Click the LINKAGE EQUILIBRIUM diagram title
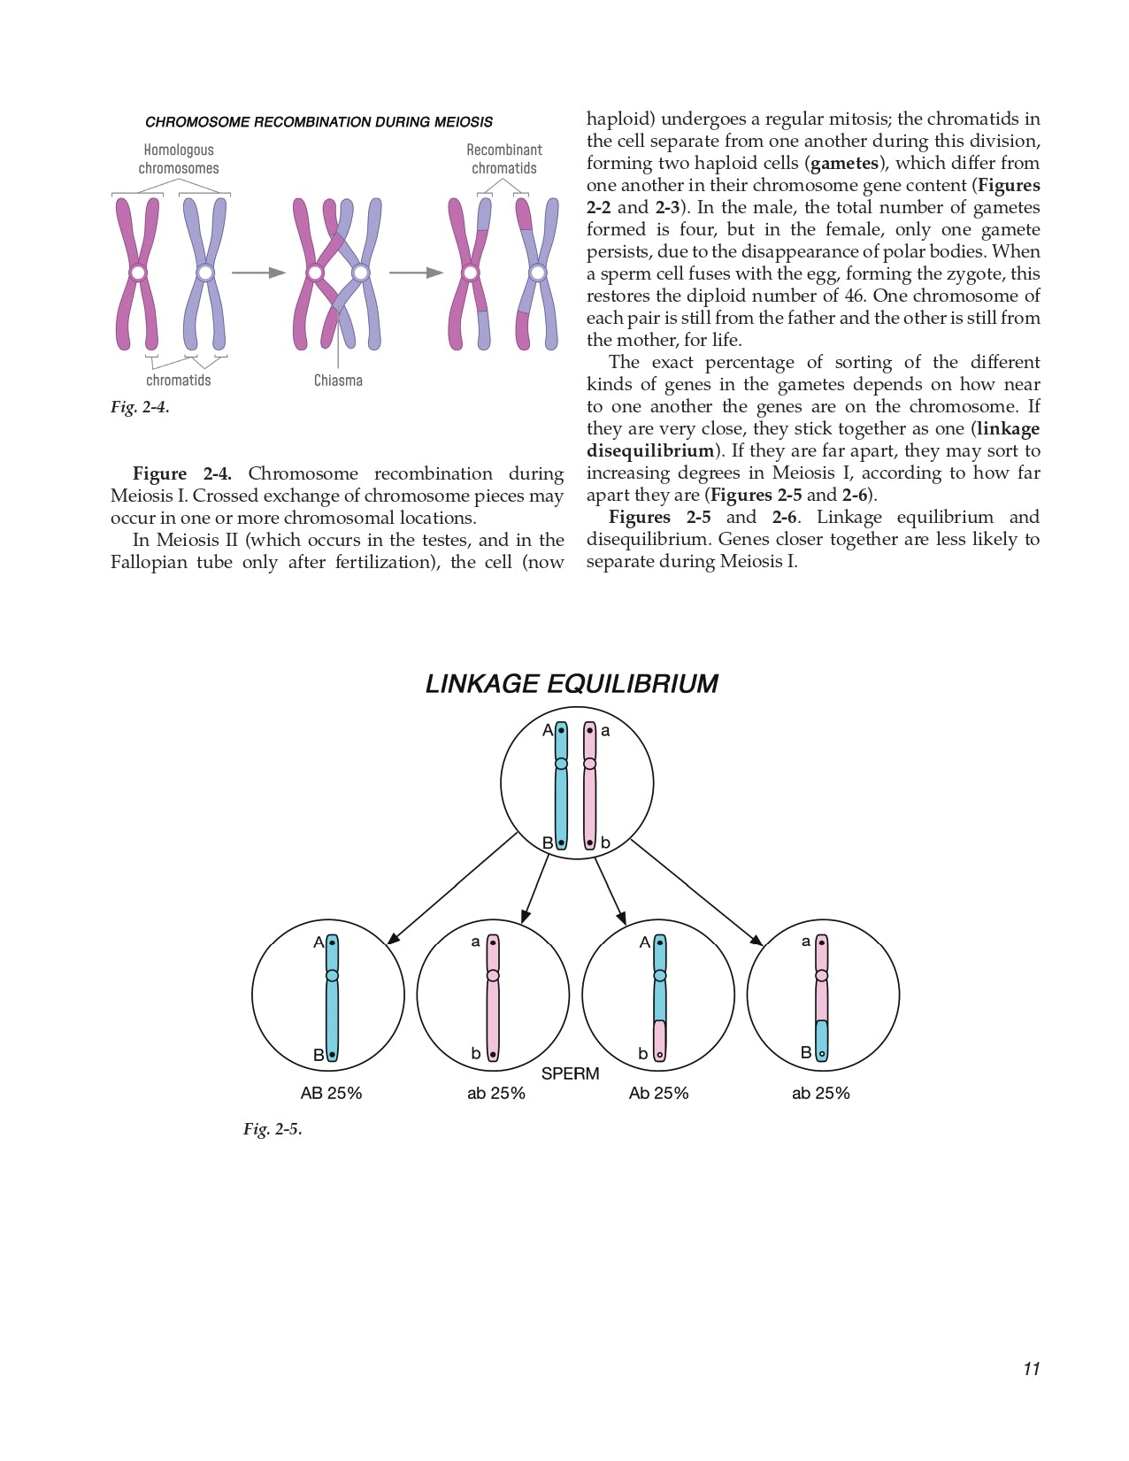pos(572,684)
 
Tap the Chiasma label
pos(338,381)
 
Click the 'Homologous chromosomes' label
pos(179,159)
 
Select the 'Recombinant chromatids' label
pos(504,159)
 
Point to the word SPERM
pos(570,1073)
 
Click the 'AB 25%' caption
pos(331,1094)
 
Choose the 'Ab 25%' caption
pos(658,1094)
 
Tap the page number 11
pos(1031,1369)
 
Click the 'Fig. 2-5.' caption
pos(273,1129)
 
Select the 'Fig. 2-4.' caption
pos(140,407)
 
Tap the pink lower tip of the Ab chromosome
pos(659,1042)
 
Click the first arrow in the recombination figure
pos(258,273)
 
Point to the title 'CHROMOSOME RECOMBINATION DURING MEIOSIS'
pos(319,122)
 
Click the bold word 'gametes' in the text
pos(844,163)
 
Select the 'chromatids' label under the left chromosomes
pos(179,381)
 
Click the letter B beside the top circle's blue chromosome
pos(548,842)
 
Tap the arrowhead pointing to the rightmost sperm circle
pos(757,941)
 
